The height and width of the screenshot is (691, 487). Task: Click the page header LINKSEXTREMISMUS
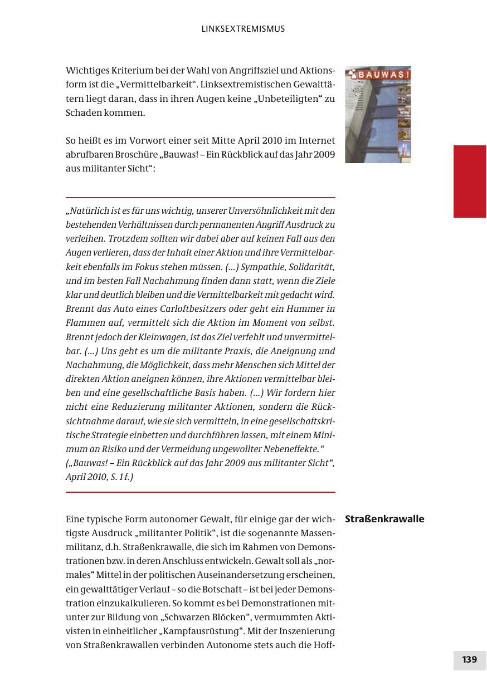(243, 29)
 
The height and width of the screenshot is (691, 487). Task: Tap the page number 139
(469, 660)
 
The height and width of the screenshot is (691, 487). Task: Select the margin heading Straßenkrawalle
(384, 519)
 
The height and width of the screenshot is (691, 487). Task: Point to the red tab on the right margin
(470, 181)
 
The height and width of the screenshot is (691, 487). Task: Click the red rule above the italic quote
(201, 198)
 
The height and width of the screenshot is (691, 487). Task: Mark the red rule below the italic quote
(201, 492)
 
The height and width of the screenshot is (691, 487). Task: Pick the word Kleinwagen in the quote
(163, 337)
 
